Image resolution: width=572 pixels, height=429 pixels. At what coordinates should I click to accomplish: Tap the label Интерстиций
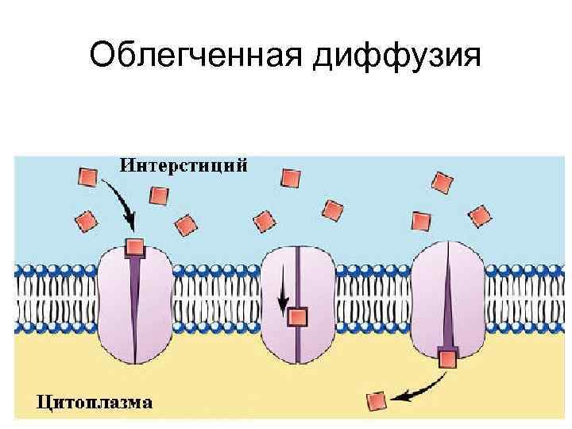tap(184, 165)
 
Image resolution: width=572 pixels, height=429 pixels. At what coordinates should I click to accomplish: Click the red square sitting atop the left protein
tap(135, 245)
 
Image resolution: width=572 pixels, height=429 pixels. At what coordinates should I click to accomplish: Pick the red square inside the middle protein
tap(296, 318)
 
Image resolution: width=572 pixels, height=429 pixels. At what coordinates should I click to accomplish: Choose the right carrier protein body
tap(469, 302)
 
